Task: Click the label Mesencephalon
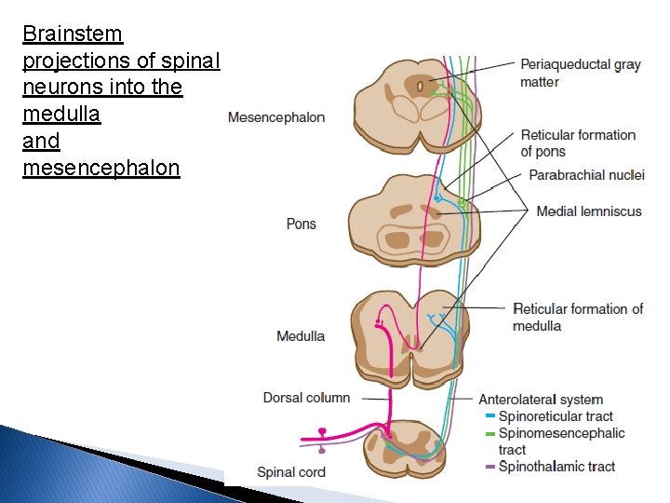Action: tap(276, 117)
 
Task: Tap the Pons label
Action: tap(301, 224)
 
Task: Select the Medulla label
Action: tap(301, 335)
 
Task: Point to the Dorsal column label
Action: tap(306, 398)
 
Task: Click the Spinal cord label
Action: tap(291, 472)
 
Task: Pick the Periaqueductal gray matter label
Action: tap(580, 73)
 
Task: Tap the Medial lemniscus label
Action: tap(589, 211)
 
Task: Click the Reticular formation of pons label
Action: tap(578, 143)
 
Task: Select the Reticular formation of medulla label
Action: tap(578, 317)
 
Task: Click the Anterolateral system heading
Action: tap(541, 400)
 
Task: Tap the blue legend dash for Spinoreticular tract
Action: tap(489, 416)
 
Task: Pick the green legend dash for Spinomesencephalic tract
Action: tap(489, 433)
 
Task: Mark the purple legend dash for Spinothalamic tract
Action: tap(489, 467)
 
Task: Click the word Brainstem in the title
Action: tap(73, 34)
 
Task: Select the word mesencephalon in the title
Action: tap(100, 169)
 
